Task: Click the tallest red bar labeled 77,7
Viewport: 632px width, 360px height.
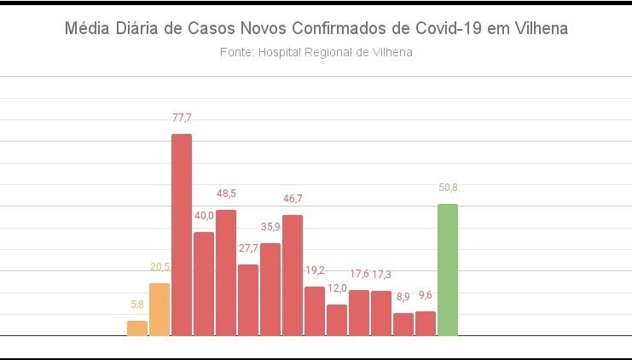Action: click(x=182, y=235)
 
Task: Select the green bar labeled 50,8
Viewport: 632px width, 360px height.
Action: click(x=448, y=270)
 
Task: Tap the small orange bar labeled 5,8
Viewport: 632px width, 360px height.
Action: click(x=137, y=328)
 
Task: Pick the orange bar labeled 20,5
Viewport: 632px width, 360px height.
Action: click(x=159, y=310)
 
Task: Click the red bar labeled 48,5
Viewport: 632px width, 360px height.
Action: click(x=226, y=273)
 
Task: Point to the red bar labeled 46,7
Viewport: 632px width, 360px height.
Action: click(x=293, y=276)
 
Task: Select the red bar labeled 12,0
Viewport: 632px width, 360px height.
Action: click(x=337, y=320)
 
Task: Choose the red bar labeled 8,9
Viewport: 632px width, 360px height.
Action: click(x=403, y=324)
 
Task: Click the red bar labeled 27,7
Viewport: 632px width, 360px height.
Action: click(x=248, y=300)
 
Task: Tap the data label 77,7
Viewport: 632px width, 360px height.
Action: click(x=182, y=118)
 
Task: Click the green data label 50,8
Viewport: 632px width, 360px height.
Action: click(x=448, y=188)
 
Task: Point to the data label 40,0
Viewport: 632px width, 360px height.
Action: click(x=204, y=216)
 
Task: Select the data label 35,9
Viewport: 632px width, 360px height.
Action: click(x=270, y=227)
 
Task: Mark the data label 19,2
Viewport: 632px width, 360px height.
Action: click(x=315, y=270)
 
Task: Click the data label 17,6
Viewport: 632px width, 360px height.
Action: click(x=359, y=274)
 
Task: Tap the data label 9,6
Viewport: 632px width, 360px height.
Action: click(x=426, y=295)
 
